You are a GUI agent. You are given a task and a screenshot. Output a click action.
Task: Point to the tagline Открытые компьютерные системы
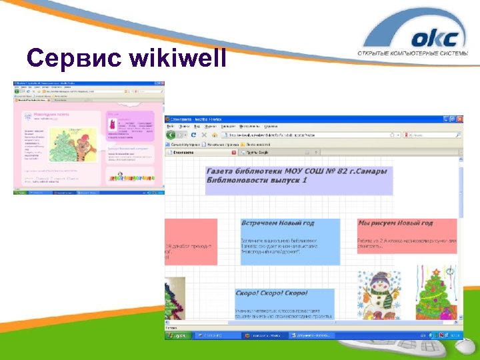[416, 54]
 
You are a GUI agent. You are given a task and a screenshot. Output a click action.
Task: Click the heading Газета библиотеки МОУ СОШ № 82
[297, 171]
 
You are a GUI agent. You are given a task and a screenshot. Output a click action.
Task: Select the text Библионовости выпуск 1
[257, 181]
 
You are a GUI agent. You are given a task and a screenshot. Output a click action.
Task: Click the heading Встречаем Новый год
[278, 223]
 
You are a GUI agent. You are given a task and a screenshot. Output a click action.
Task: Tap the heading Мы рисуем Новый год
[395, 223]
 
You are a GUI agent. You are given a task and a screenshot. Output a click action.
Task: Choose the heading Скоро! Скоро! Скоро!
[271, 293]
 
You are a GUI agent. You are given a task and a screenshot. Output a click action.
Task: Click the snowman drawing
[377, 293]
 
